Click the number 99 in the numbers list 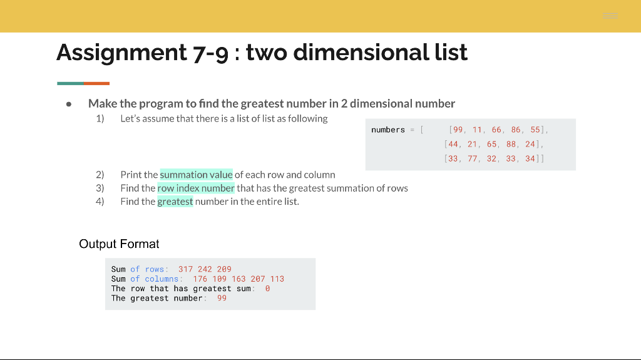pyautogui.click(x=458, y=130)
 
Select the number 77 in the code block pyautogui.click(x=472, y=158)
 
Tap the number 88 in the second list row pyautogui.click(x=511, y=144)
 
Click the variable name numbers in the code pyautogui.click(x=388, y=130)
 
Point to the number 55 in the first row pyautogui.click(x=535, y=130)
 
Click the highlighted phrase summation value pyautogui.click(x=196, y=175)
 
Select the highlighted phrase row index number pyautogui.click(x=196, y=188)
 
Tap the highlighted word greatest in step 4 pyautogui.click(x=175, y=202)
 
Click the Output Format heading pyautogui.click(x=119, y=244)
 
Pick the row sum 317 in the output pyautogui.click(x=185, y=269)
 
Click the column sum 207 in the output pyautogui.click(x=258, y=279)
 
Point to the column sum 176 pyautogui.click(x=200, y=279)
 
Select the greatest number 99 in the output pyautogui.click(x=222, y=298)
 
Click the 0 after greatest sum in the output pyautogui.click(x=267, y=289)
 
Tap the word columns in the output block pyautogui.click(x=162, y=279)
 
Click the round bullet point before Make pyautogui.click(x=69, y=105)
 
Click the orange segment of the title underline pyautogui.click(x=96, y=83)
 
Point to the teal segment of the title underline pyautogui.click(x=70, y=83)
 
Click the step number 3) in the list pyautogui.click(x=100, y=188)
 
